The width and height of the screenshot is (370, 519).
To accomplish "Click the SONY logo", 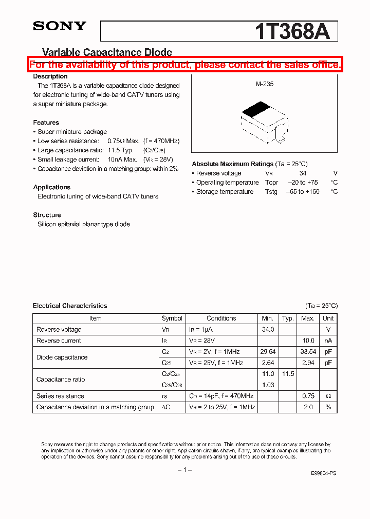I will click(x=60, y=26).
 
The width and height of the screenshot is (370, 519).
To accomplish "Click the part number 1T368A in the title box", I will click(x=292, y=31).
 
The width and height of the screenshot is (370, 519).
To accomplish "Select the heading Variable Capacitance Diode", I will click(x=106, y=52).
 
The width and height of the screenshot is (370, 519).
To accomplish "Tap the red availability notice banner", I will click(x=185, y=65).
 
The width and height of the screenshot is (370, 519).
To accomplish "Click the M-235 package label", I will click(x=265, y=84).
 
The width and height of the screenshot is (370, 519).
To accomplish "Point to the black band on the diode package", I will click(x=256, y=109).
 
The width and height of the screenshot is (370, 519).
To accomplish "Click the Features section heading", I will click(x=46, y=123).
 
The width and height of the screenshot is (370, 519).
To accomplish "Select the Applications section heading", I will click(x=52, y=187).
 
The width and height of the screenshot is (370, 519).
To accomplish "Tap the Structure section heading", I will click(x=47, y=215).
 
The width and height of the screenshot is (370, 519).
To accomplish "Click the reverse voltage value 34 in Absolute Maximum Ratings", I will click(x=303, y=173).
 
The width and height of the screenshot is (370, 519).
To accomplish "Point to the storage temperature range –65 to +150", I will click(x=303, y=192).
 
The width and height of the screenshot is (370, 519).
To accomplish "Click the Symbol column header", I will click(x=172, y=318).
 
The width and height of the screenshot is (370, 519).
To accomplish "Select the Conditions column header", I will click(x=221, y=318).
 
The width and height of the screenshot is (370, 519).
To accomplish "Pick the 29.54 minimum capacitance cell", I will click(x=268, y=352).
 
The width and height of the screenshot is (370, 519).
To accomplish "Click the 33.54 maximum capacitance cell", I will click(x=307, y=352).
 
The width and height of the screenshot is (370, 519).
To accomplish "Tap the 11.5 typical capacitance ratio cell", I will click(x=288, y=374).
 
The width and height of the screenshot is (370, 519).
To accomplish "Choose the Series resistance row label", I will click(x=60, y=396).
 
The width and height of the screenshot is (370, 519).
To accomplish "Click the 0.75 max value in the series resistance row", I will click(x=308, y=396).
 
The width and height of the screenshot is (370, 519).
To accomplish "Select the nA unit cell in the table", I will click(x=328, y=341).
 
